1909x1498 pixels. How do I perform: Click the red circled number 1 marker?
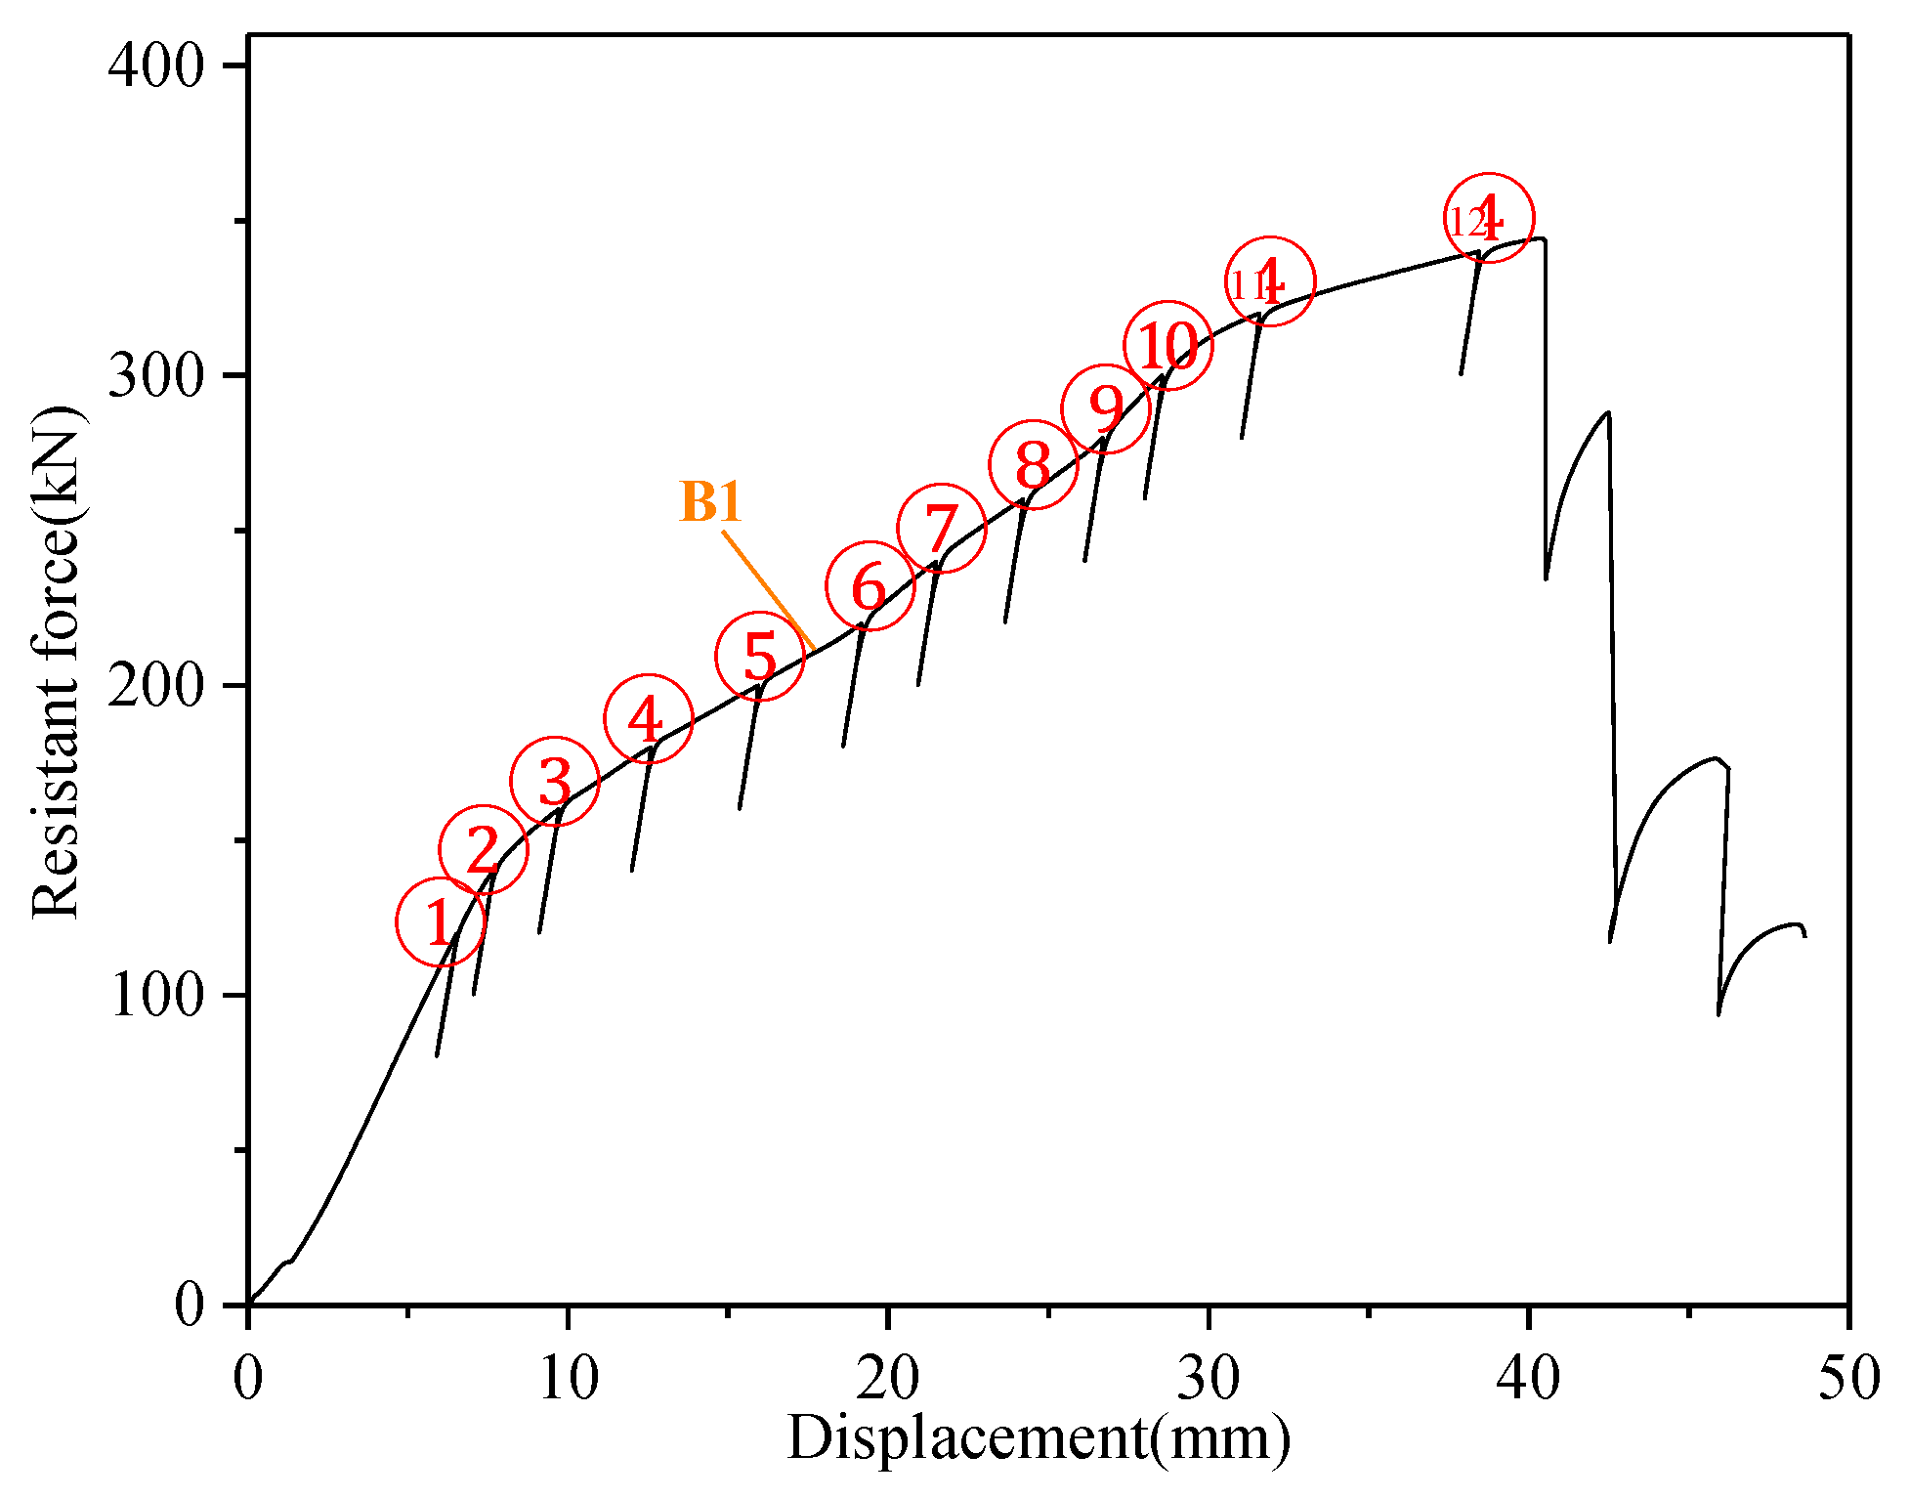click(x=440, y=921)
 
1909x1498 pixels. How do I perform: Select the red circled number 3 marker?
click(x=555, y=781)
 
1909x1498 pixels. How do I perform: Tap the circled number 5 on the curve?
click(x=759, y=656)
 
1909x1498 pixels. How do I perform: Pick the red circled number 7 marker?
click(x=941, y=528)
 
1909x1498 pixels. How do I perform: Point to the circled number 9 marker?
click(x=1106, y=409)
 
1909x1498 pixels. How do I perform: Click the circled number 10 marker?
click(x=1168, y=344)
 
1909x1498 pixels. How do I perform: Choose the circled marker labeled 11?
click(x=1270, y=282)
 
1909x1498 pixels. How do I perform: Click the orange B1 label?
click(x=711, y=501)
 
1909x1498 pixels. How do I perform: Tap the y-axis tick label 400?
click(x=156, y=65)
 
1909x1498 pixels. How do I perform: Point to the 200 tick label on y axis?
click(x=156, y=686)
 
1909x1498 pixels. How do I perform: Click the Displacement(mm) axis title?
click(x=1039, y=1438)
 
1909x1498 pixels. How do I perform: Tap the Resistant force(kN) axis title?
click(x=56, y=662)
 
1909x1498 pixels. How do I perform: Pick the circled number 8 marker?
click(x=1033, y=465)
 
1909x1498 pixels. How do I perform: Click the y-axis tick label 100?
click(x=156, y=996)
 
